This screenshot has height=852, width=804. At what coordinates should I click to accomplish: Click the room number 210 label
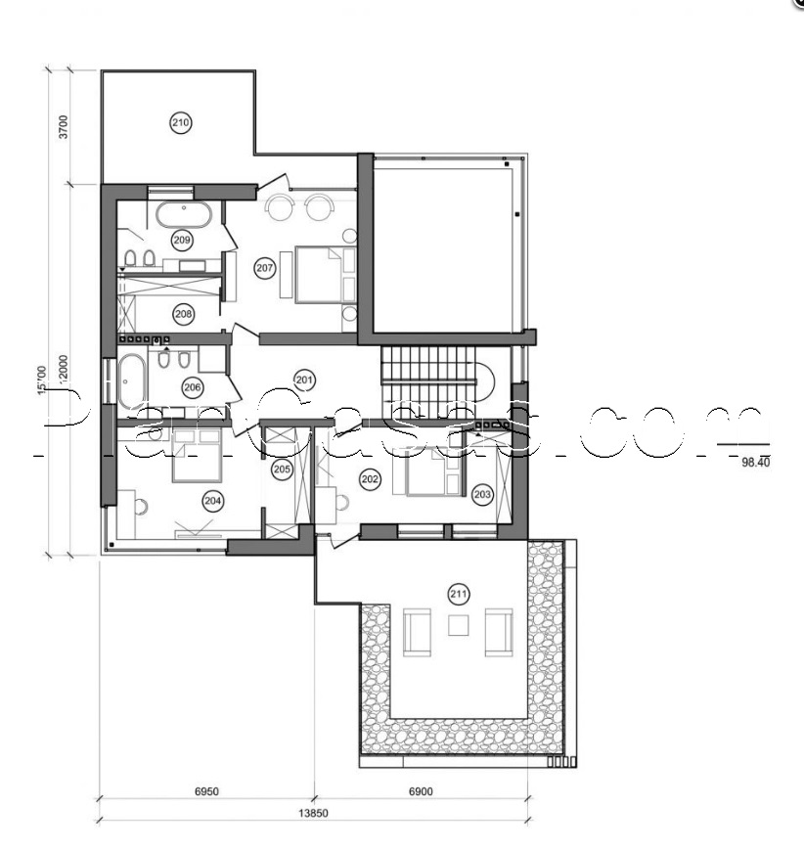tap(180, 123)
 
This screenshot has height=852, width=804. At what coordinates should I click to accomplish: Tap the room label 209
tap(181, 239)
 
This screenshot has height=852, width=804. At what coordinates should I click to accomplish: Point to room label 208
tap(182, 314)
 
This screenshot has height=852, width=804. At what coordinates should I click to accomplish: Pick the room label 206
tap(192, 387)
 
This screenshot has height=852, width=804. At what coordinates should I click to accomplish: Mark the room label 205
tap(282, 470)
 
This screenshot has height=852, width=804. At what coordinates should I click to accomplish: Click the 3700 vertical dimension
tap(63, 127)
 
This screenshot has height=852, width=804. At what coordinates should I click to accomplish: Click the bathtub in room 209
tap(177, 212)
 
